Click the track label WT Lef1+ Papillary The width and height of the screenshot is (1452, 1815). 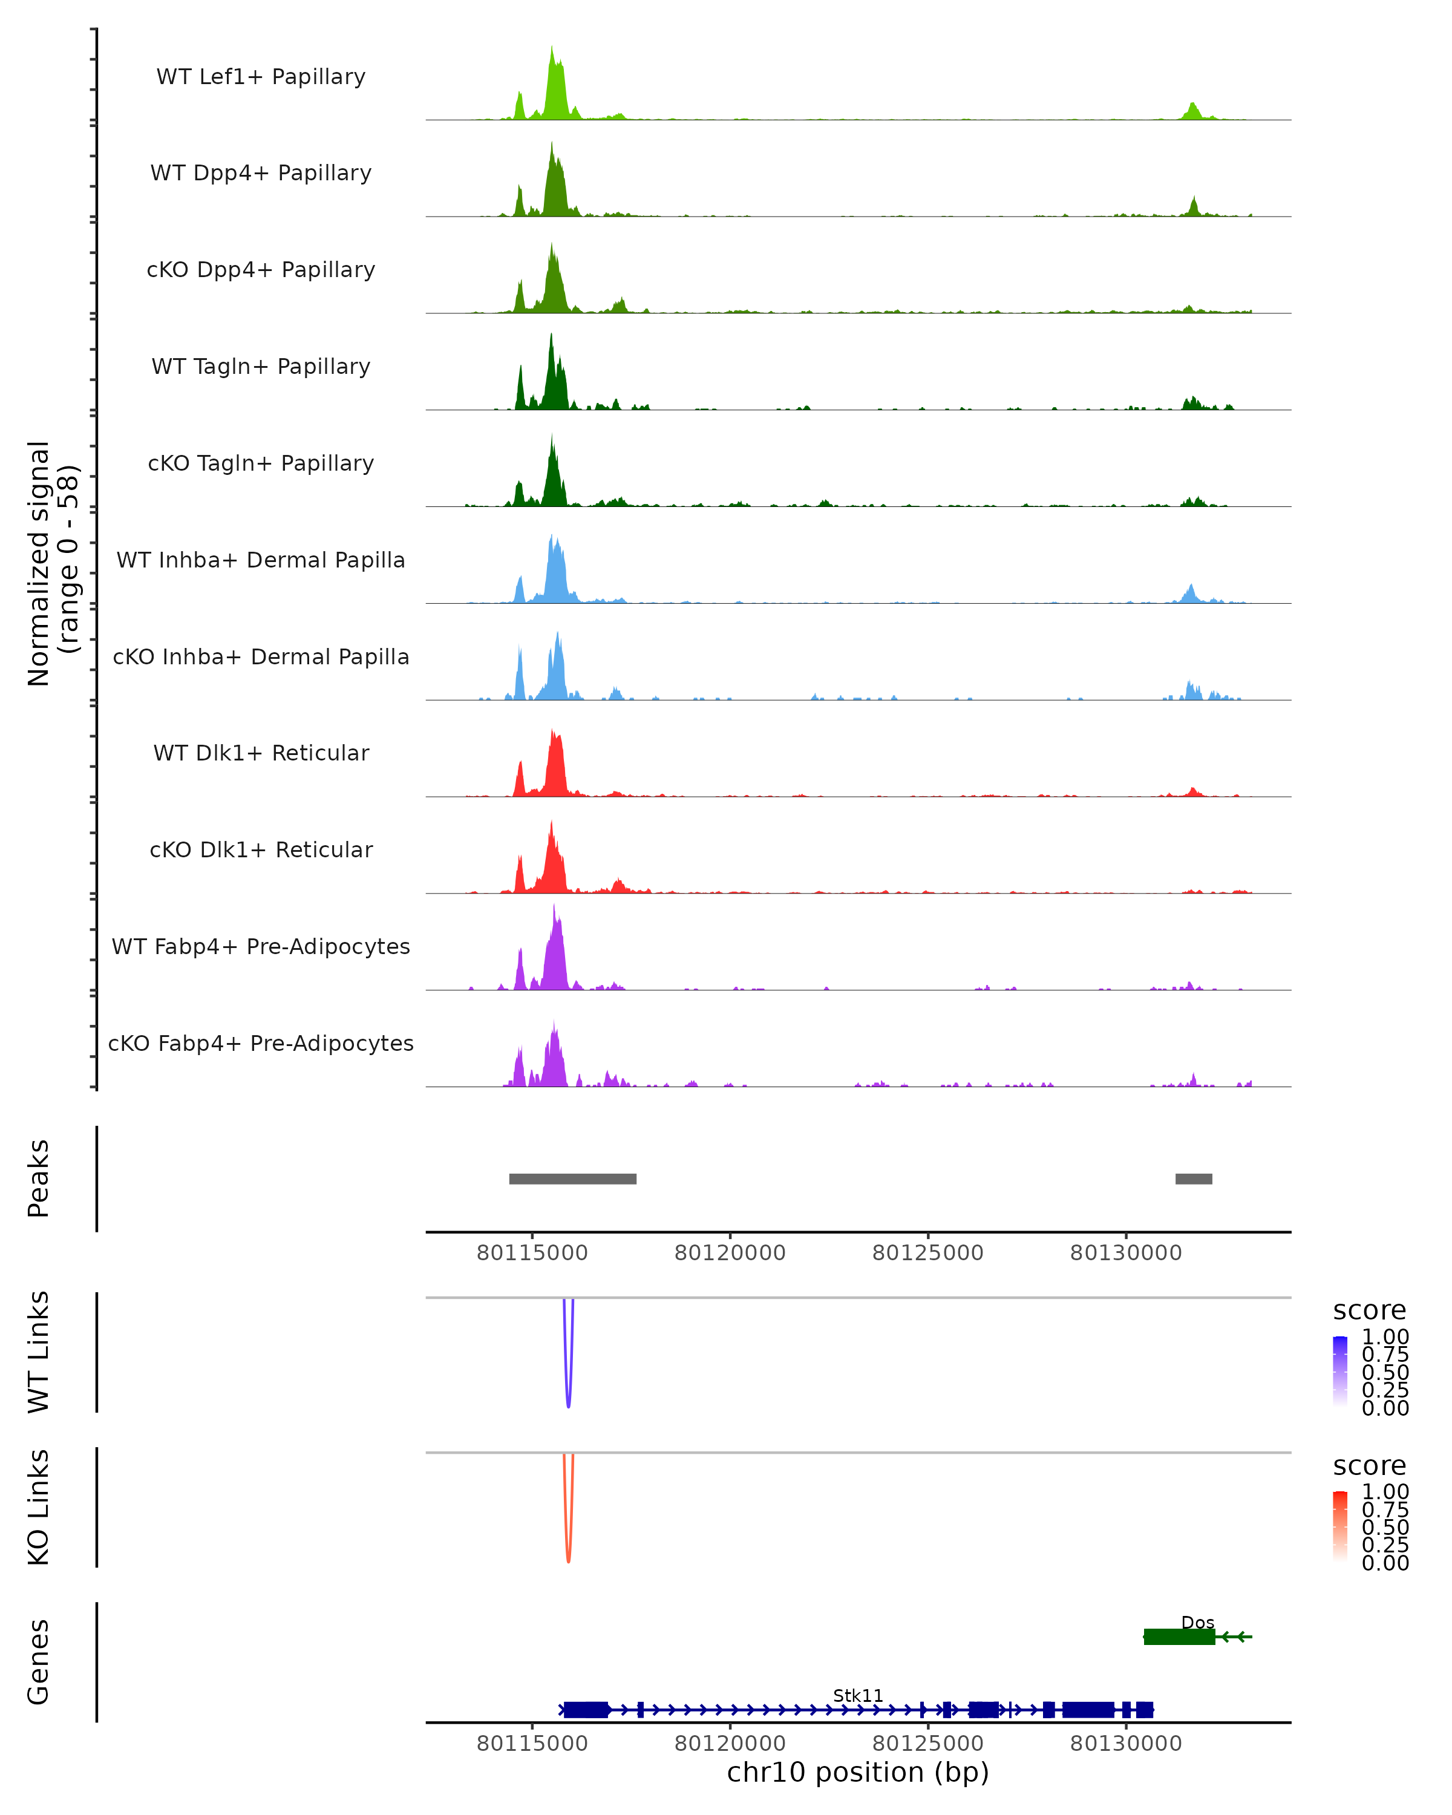tap(261, 77)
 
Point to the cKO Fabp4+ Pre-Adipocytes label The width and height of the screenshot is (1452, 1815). tap(261, 1043)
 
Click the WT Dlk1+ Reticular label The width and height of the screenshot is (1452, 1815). tap(261, 753)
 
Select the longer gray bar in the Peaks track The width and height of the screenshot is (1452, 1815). tap(572, 1179)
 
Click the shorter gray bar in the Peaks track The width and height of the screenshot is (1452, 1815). tap(1194, 1179)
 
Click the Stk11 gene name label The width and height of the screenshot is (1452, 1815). tap(858, 1695)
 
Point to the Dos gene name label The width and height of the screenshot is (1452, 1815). tap(1197, 1622)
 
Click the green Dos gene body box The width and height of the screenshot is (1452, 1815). tap(1179, 1637)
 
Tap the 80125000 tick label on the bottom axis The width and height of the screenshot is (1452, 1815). tap(927, 1744)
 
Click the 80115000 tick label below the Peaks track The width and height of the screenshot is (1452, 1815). tap(532, 1253)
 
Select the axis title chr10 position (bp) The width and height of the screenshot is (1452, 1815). tap(858, 1773)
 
